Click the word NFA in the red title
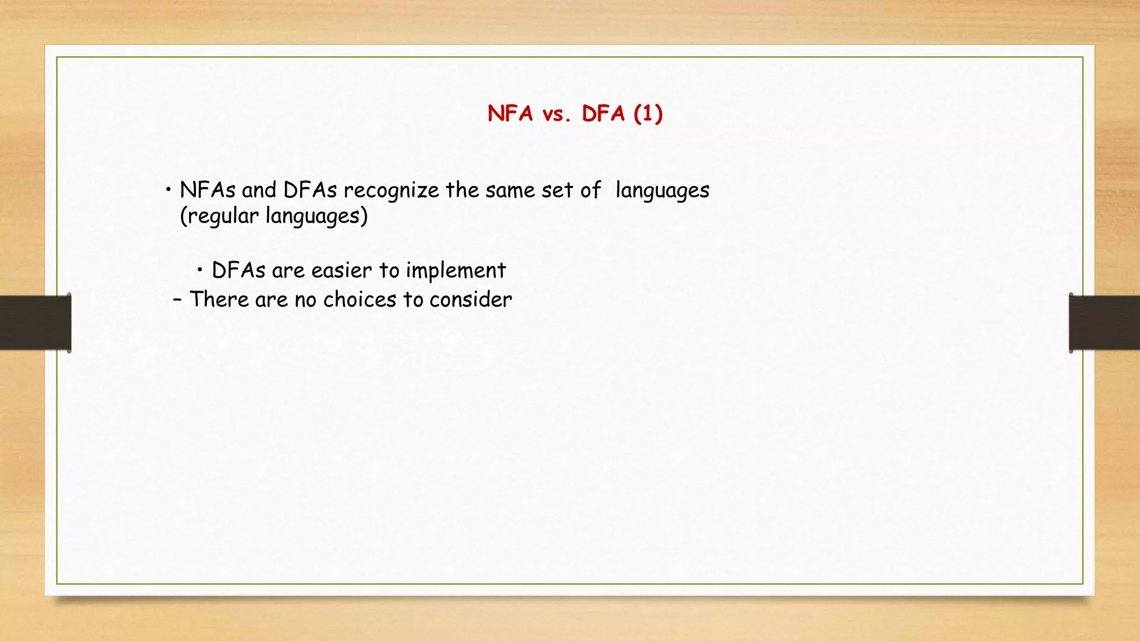point(510,114)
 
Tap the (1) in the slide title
point(648,114)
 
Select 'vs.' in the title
point(557,115)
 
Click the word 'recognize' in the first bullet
point(391,191)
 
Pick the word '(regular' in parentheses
point(219,216)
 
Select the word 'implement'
point(455,271)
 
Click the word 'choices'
point(360,300)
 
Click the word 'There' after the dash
point(219,300)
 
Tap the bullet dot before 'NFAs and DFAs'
point(168,191)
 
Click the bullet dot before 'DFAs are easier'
point(200,271)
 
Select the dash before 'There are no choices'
point(177,300)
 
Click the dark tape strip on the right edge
point(1104,323)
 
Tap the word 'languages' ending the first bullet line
point(662,191)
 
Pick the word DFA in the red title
point(603,114)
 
